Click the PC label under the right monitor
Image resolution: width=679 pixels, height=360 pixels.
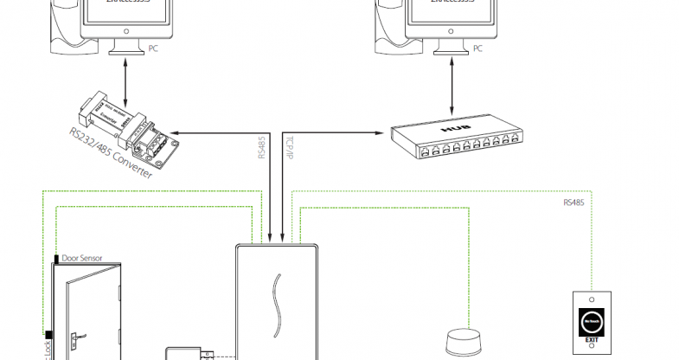click(477, 50)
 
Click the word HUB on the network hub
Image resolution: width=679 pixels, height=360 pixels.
click(454, 129)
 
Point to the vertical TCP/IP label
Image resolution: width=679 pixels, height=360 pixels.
click(290, 146)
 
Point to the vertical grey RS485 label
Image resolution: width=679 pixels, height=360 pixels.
click(261, 146)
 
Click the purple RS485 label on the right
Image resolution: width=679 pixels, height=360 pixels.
click(573, 203)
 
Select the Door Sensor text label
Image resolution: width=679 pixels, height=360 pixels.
click(82, 258)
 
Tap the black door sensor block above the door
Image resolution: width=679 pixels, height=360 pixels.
click(57, 258)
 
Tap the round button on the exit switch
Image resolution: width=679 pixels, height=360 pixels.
click(591, 322)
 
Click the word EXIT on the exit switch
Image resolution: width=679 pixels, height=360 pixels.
click(591, 340)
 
